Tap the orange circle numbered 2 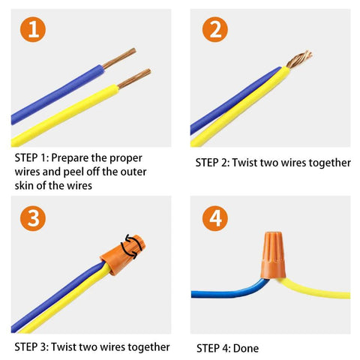tap(216, 31)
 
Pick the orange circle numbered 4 tap(216, 218)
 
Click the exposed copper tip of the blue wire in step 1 tap(119, 58)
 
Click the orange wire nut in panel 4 tap(271, 255)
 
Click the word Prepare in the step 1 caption tap(76, 159)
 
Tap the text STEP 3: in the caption tap(31, 347)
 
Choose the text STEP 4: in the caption tap(214, 348)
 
